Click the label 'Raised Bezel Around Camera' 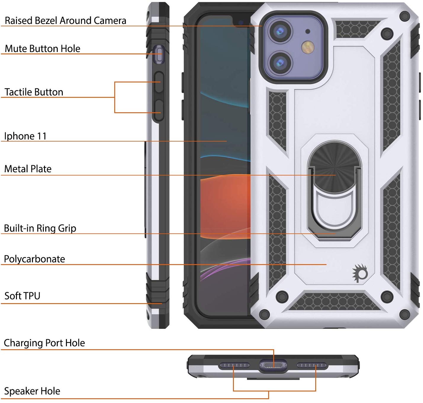tap(65, 20)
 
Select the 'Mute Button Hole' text tap(42, 48)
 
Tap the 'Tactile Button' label tap(34, 92)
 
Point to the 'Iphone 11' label tap(25, 136)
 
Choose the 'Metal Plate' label tap(28, 169)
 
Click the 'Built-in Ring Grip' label tap(40, 228)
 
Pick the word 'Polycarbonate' tap(34, 259)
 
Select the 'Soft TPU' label tap(22, 295)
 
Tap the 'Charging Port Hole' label tap(44, 343)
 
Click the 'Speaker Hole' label tap(32, 391)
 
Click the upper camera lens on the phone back tap(280, 31)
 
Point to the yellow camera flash tap(308, 47)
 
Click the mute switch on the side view tap(159, 55)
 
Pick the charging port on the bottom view tap(273, 366)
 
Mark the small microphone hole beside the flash tap(308, 31)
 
